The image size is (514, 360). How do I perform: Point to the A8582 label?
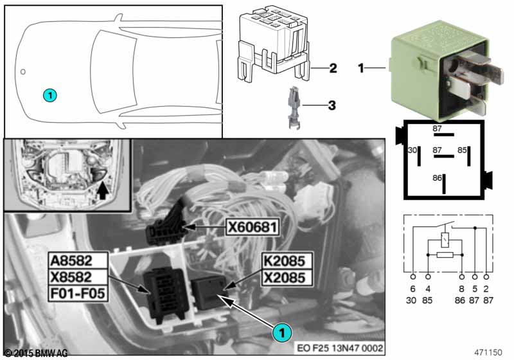pos(72,261)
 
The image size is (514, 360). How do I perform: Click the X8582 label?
pos(72,279)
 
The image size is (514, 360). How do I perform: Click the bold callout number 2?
pos(332,68)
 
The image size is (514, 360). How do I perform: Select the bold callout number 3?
pos(332,104)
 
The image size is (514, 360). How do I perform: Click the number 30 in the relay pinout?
pos(412,150)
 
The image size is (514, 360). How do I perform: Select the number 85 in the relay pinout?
pos(462,150)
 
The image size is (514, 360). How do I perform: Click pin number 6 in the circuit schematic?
pos(412,289)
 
